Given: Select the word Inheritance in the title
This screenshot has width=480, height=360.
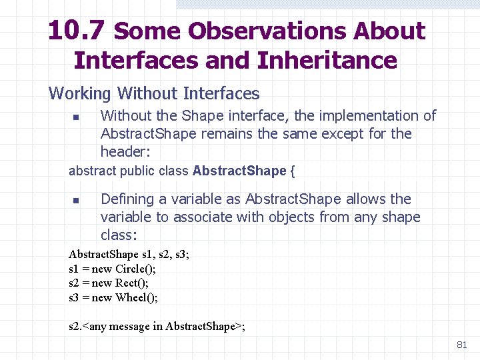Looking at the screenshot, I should (x=327, y=61).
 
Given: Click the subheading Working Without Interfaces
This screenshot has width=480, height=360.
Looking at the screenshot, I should (x=154, y=93).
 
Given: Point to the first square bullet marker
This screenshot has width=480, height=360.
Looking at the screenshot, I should (x=76, y=117).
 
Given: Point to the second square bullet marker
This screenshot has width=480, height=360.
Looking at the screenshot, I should (x=76, y=201).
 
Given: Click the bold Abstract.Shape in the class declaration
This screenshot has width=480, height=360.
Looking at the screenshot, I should (x=239, y=171).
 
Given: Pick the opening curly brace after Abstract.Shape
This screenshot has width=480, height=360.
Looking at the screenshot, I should (x=292, y=171).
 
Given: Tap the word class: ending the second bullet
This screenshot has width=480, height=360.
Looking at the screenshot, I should (x=119, y=235).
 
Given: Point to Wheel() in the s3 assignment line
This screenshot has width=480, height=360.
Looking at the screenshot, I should (x=136, y=298).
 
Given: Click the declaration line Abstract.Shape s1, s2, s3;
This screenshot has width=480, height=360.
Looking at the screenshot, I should (x=129, y=255).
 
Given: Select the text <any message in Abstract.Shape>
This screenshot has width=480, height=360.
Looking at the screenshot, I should (x=163, y=327).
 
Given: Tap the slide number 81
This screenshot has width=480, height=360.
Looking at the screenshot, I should (x=461, y=345).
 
